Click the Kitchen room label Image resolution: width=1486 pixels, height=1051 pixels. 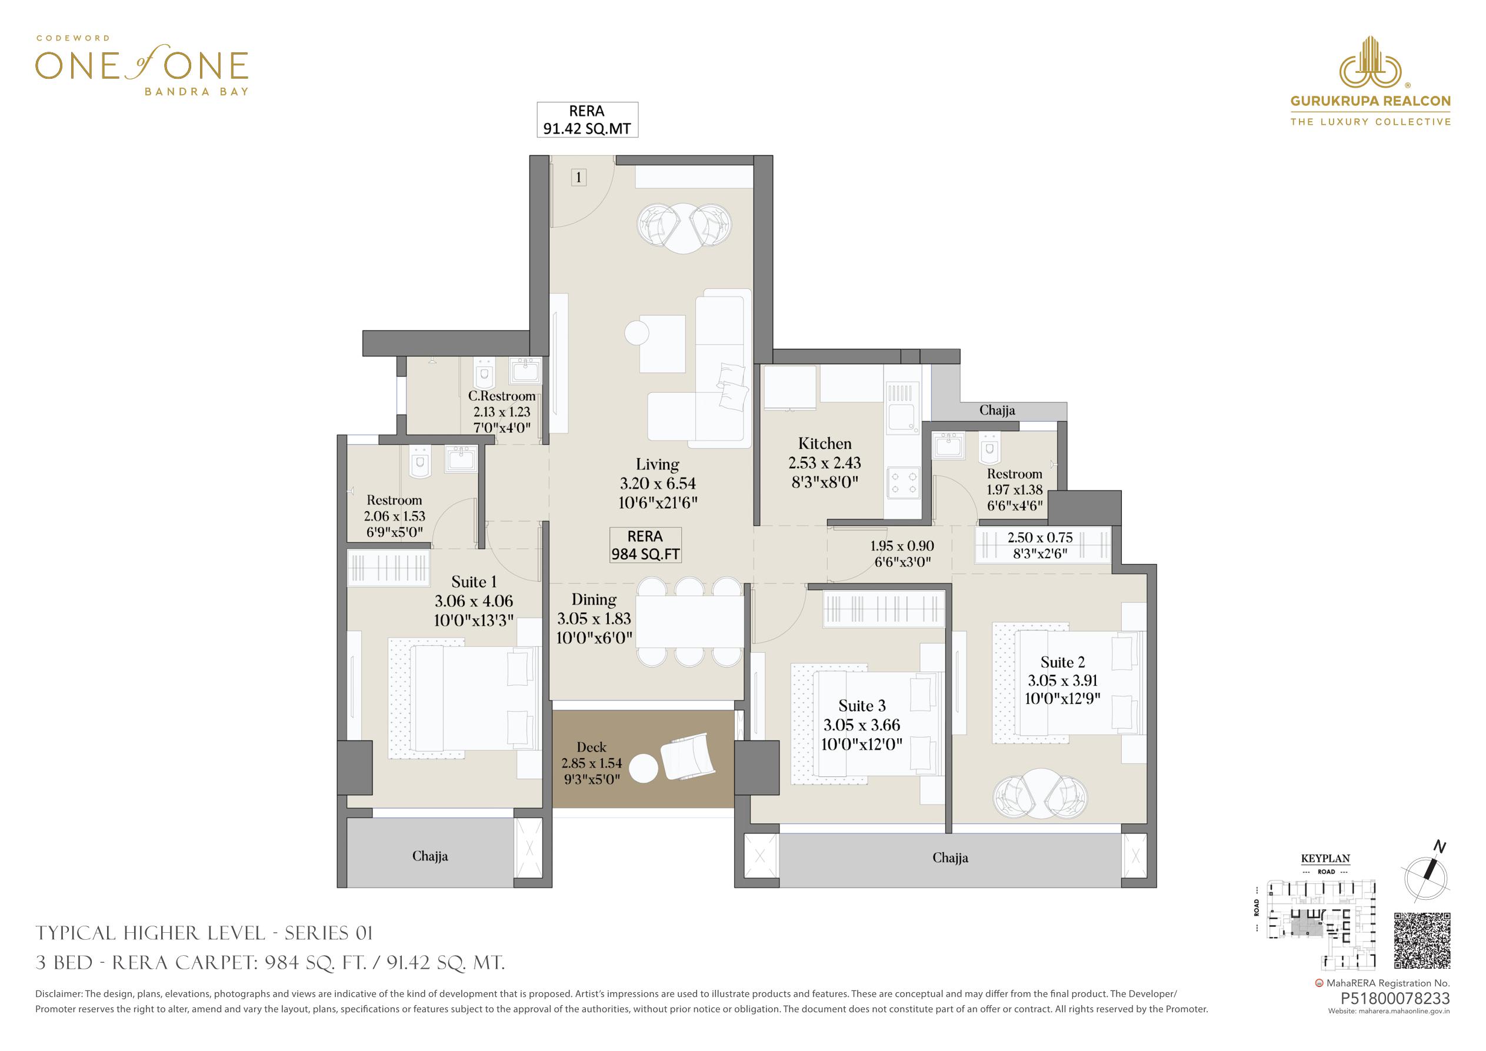825,444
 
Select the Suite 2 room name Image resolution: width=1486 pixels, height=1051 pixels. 1062,662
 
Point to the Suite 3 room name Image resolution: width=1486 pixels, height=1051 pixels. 862,706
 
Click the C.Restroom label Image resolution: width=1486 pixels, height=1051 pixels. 502,396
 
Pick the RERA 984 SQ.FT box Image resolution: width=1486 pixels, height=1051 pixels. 645,546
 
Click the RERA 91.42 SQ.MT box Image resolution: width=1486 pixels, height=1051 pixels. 587,120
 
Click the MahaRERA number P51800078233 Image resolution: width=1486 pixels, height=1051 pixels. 1395,1017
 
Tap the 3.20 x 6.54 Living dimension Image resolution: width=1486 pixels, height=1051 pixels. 658,483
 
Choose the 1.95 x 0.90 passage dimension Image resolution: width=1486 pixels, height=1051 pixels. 902,546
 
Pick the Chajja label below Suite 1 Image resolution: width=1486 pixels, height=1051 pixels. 430,856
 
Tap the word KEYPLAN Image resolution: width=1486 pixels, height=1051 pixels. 1325,859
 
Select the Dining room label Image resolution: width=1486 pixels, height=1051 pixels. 594,600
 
